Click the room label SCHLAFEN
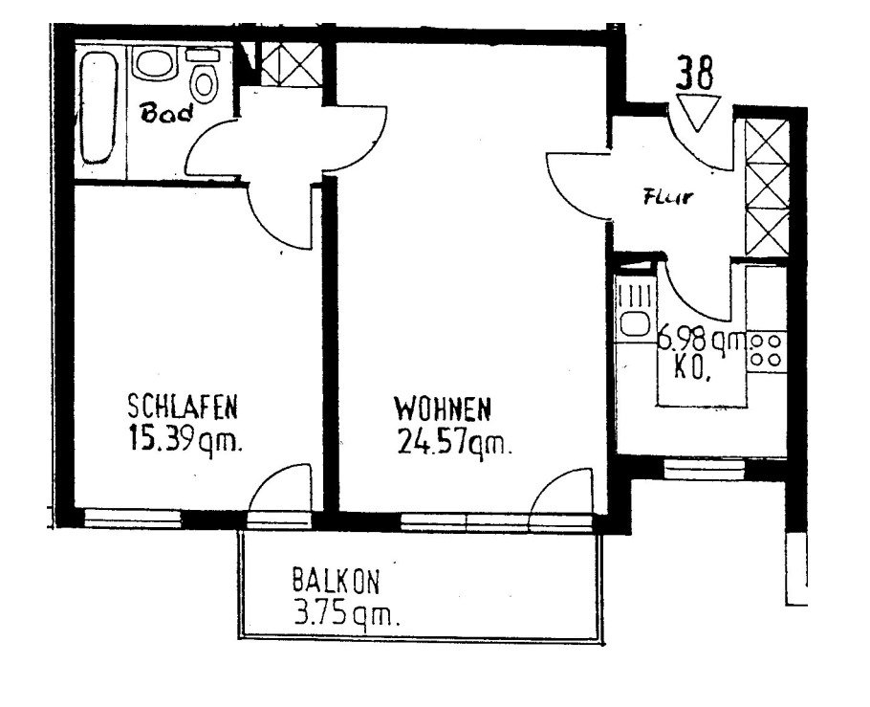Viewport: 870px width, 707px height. coord(182,408)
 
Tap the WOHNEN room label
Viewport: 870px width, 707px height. coord(443,410)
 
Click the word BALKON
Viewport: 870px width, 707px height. coord(337,580)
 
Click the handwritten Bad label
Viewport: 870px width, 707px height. coord(167,115)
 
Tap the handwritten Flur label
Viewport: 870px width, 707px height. coord(668,200)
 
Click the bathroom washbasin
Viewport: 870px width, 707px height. coord(152,65)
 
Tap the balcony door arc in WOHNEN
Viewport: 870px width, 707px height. coord(564,494)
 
